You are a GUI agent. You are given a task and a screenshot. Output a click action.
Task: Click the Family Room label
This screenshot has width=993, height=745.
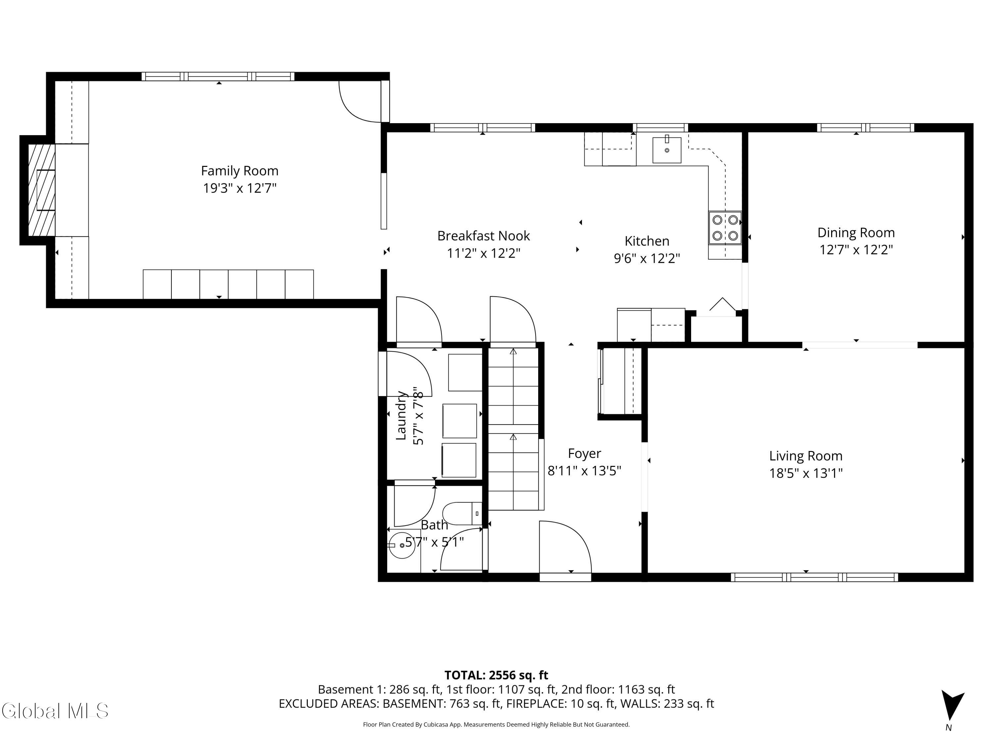pyautogui.click(x=239, y=171)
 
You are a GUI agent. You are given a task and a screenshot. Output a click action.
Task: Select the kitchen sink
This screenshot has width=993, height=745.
pyautogui.click(x=667, y=150)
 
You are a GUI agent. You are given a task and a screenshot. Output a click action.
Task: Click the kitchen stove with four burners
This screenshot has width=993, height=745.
pyautogui.click(x=725, y=228)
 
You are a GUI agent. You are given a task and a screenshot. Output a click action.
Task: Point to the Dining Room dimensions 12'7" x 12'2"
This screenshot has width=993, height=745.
pyautogui.click(x=856, y=250)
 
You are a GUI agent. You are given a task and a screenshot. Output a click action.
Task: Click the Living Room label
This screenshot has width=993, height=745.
pyautogui.click(x=805, y=456)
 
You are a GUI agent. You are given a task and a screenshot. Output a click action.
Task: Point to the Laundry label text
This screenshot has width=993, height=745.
pyautogui.click(x=401, y=416)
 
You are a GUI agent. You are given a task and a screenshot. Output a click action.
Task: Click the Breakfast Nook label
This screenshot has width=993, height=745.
pyautogui.click(x=484, y=236)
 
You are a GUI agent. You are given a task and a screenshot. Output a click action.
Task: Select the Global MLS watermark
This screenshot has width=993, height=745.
pyautogui.click(x=55, y=711)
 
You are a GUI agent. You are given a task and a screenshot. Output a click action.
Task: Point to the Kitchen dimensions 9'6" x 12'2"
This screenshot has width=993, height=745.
pyautogui.click(x=646, y=259)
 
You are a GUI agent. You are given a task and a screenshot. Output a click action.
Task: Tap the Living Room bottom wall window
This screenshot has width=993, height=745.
pyautogui.click(x=814, y=577)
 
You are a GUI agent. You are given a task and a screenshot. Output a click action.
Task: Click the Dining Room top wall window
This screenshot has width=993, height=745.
pyautogui.click(x=865, y=127)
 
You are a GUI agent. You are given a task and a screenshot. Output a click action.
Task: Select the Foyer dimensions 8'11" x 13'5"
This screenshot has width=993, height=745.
pyautogui.click(x=584, y=471)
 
